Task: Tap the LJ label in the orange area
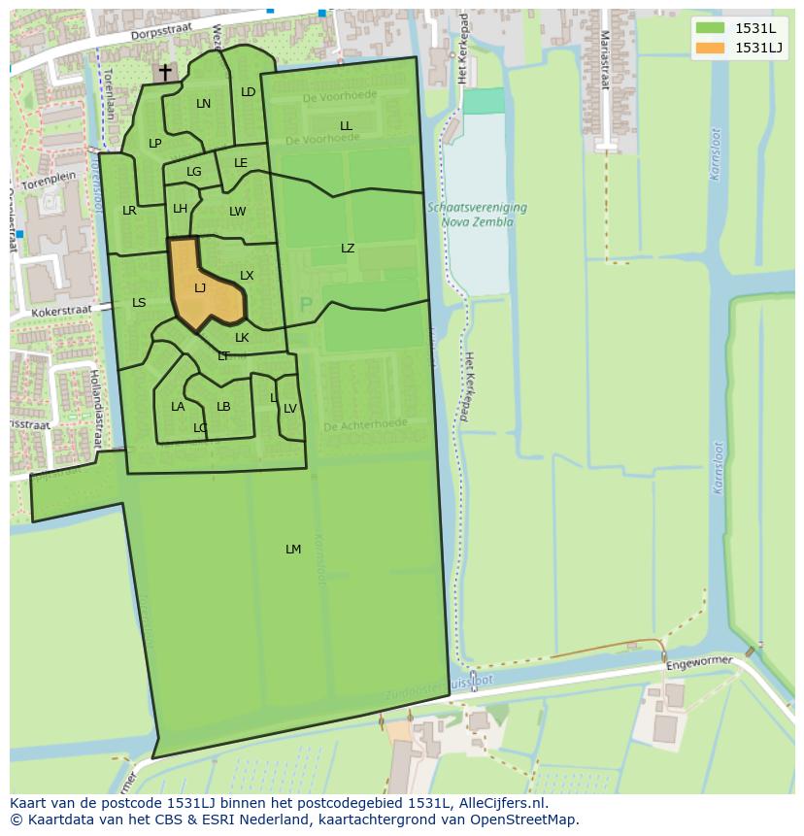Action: tap(200, 288)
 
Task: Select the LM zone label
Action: tap(293, 550)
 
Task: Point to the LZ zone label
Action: tap(348, 249)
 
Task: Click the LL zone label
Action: tap(346, 126)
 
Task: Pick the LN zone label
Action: tap(203, 104)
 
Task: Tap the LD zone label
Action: tap(248, 92)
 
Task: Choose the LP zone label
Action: tap(154, 144)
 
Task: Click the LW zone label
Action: tap(238, 212)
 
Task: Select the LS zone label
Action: tap(139, 303)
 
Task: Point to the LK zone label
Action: tap(242, 338)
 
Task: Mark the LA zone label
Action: tap(178, 407)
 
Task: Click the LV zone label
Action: tap(289, 409)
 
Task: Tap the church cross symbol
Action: tap(165, 72)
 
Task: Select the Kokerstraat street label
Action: tap(60, 310)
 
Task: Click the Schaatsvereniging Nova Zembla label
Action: tap(476, 215)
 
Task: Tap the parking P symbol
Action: tap(306, 306)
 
